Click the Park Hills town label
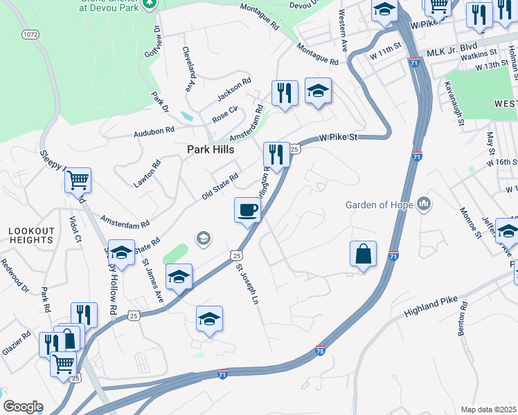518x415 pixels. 210,149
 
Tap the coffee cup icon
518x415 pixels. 247,210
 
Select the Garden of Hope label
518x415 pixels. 380,205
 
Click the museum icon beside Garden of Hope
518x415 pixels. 424,205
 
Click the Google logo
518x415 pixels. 22,407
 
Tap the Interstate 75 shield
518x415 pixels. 320,351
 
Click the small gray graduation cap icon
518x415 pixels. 203,239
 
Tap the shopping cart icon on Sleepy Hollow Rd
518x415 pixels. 78,181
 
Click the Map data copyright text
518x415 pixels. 489,409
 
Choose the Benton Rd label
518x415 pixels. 463,319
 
